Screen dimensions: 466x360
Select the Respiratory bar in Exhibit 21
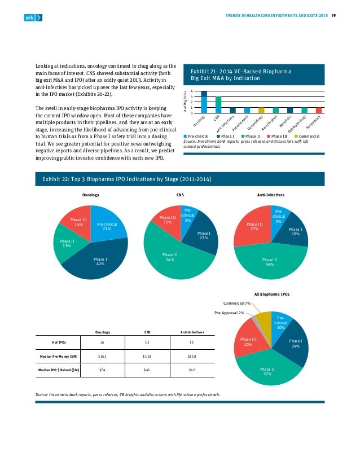pyautogui.click(x=319, y=110)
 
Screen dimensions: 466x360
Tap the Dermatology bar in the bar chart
pyautogui.click(x=261, y=110)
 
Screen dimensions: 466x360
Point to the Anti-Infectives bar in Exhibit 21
pyautogui.click(x=232, y=110)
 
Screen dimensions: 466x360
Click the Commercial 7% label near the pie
pyautogui.click(x=237, y=303)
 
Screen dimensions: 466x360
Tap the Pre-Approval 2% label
pyautogui.click(x=229, y=312)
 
